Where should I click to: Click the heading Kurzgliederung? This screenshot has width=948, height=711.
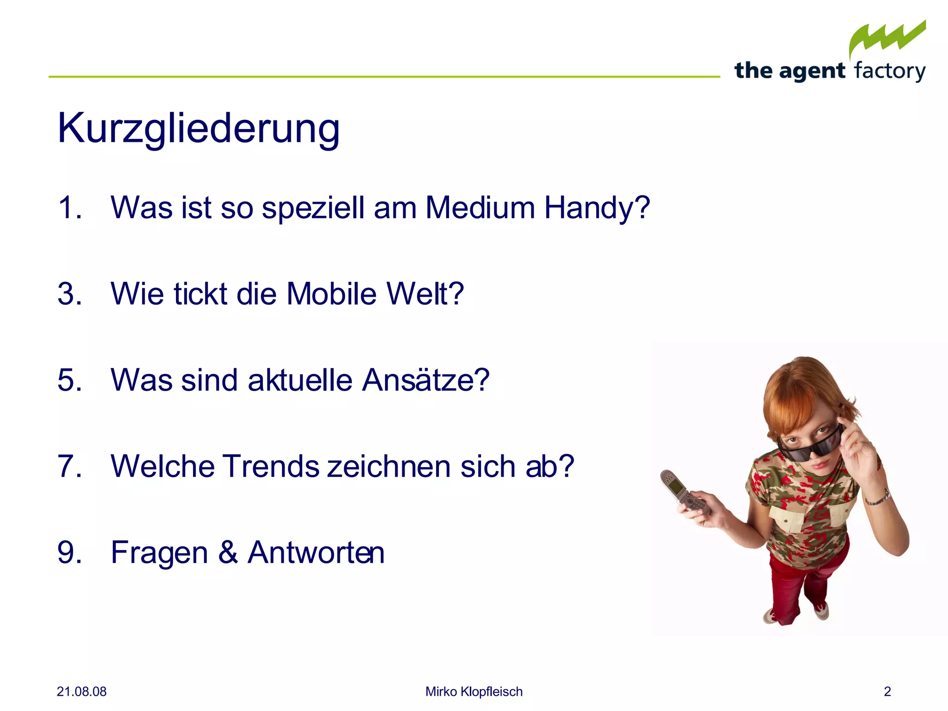(199, 129)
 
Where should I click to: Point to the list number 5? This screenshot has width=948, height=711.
(69, 380)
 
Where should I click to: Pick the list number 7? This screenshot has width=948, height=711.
(69, 466)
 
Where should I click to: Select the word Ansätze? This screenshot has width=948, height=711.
(425, 380)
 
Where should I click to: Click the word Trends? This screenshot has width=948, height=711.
(271, 466)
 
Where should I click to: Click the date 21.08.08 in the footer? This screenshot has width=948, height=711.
(81, 692)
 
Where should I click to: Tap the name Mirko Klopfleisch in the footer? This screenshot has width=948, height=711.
(474, 692)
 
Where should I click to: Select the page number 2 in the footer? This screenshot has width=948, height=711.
(887, 692)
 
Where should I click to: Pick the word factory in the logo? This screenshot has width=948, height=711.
(890, 71)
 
